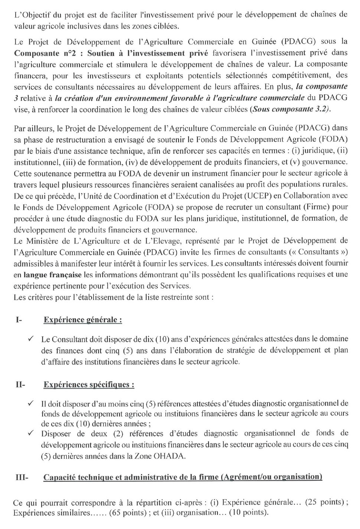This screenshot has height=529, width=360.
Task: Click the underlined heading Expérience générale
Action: pyautogui.click(x=83, y=320)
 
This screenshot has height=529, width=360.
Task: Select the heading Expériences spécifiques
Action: pyautogui.click(x=89, y=385)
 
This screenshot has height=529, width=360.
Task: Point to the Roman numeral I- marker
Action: pyautogui.click(x=19, y=320)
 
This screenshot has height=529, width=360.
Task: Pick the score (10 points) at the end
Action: pyautogui.click(x=248, y=513)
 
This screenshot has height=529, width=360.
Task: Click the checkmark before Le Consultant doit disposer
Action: pyautogui.click(x=31, y=339)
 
